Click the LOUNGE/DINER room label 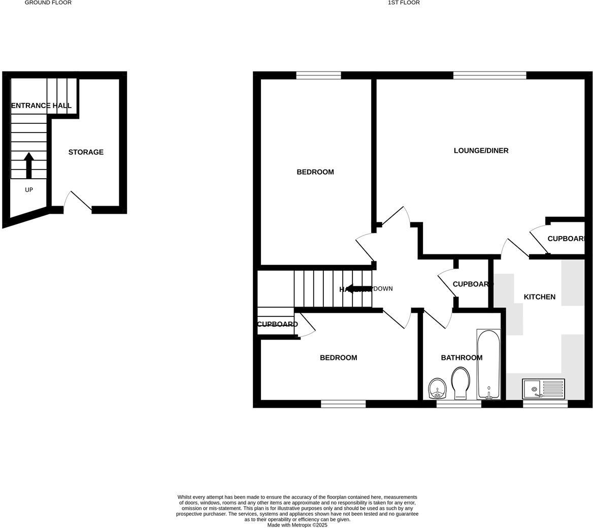[x=481, y=151]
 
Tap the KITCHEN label [x=539, y=297]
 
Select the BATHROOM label [x=461, y=358]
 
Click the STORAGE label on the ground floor [x=86, y=152]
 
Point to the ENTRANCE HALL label [x=41, y=106]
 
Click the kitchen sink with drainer [x=543, y=389]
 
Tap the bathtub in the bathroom [x=488, y=364]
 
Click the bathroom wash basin [x=437, y=389]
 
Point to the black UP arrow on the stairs [x=28, y=166]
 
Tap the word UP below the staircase [x=29, y=190]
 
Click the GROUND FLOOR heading [x=48, y=3]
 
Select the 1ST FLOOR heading [x=404, y=3]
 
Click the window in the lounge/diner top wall [x=489, y=76]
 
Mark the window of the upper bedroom [x=318, y=76]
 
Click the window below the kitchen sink [x=545, y=404]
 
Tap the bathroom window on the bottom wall [x=458, y=404]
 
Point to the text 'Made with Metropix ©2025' [x=297, y=525]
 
